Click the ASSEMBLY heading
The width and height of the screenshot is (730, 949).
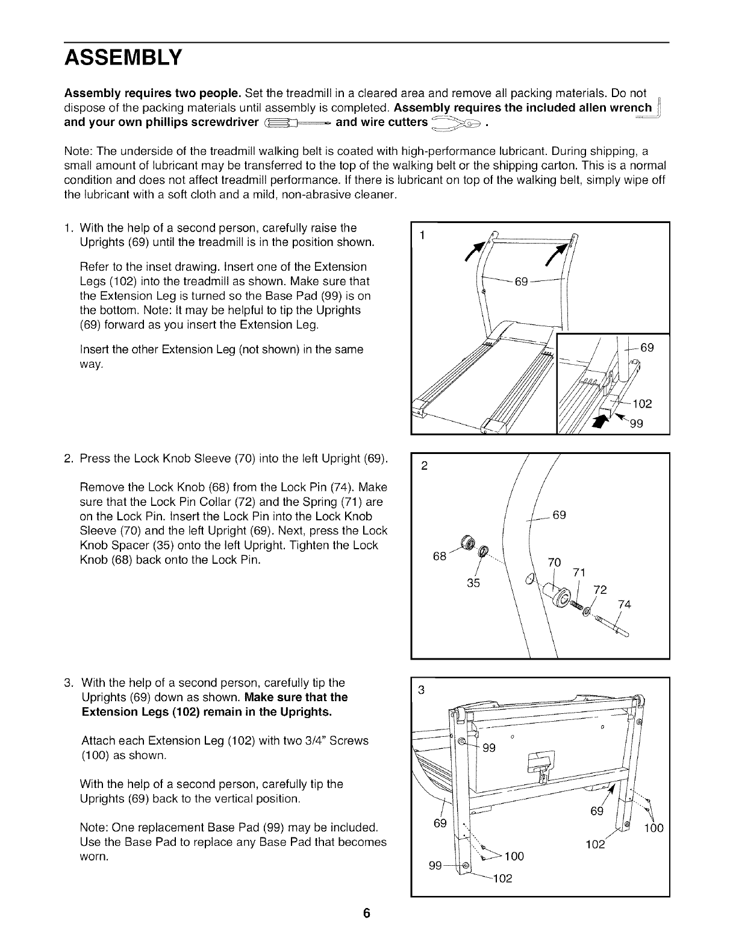(123, 58)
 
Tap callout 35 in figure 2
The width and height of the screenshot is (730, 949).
(474, 583)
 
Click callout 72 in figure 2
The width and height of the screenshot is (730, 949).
(600, 589)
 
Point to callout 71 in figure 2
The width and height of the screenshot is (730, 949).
(579, 572)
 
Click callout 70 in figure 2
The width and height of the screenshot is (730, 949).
(554, 563)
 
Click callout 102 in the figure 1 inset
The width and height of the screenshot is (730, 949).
(641, 403)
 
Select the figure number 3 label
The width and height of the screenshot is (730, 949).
(422, 690)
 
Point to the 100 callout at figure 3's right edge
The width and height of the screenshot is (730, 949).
(653, 828)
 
